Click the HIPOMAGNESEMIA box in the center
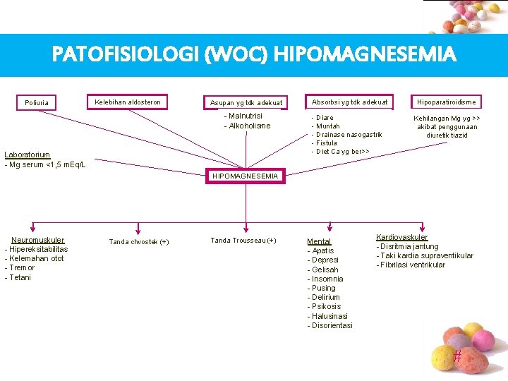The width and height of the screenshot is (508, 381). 246,176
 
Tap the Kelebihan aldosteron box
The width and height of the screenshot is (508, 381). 128,102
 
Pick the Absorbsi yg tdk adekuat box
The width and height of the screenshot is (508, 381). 349,102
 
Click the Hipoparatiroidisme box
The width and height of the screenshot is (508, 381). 447,102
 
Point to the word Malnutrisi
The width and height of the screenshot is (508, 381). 245,116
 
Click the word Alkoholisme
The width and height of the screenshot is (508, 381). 249,126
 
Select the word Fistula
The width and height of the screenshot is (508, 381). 327,143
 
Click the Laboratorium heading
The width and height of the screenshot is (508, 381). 27,155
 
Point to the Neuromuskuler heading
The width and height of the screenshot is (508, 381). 37,240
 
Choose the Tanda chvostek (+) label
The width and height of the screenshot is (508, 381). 138,242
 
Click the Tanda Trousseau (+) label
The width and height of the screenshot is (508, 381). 243,241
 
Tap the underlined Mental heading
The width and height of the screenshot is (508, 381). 319,241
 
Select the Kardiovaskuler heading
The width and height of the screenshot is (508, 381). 401,237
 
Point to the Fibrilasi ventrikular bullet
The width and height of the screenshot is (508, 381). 412,265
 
